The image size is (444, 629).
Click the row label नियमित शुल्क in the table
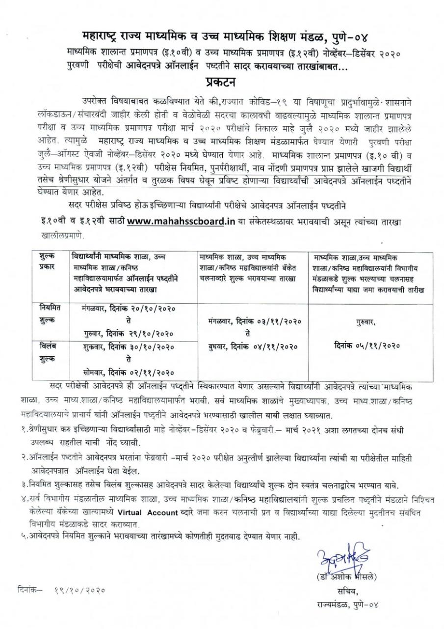point(48,313)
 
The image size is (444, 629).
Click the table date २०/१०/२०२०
point(147,308)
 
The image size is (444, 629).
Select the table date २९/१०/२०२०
point(147,334)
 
